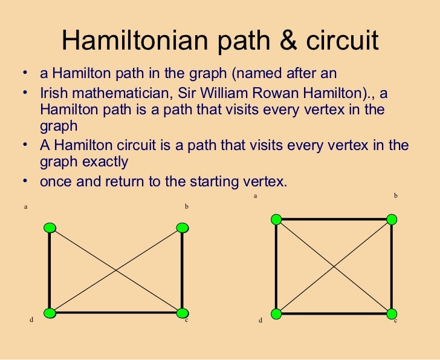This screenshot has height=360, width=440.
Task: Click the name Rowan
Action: point(290,93)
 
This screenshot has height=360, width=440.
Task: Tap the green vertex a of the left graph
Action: point(50,227)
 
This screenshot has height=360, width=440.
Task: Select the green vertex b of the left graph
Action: point(183,227)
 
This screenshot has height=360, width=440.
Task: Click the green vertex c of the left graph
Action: point(183,313)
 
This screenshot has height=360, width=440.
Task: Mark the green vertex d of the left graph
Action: point(50,313)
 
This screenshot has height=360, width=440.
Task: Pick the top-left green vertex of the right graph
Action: point(276,219)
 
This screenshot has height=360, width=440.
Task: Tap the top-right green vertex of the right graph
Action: point(392,219)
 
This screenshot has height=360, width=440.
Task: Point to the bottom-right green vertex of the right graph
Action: point(392,313)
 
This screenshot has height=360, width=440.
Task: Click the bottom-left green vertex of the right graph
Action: point(276,313)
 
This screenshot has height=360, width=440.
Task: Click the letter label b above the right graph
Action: point(395,196)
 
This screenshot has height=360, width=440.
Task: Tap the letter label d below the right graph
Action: point(260,321)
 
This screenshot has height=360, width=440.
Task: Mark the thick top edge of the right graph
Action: point(334,220)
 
